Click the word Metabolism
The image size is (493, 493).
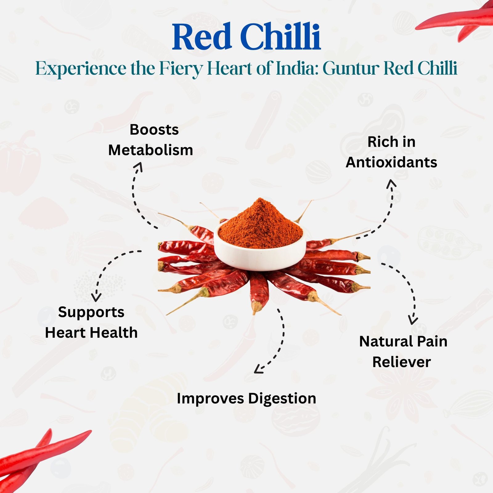151,150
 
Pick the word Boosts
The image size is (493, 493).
154,130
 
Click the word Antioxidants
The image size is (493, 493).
391,162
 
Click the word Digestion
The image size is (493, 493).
282,399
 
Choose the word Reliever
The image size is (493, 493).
401,362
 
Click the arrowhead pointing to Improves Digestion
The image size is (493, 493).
258,369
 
